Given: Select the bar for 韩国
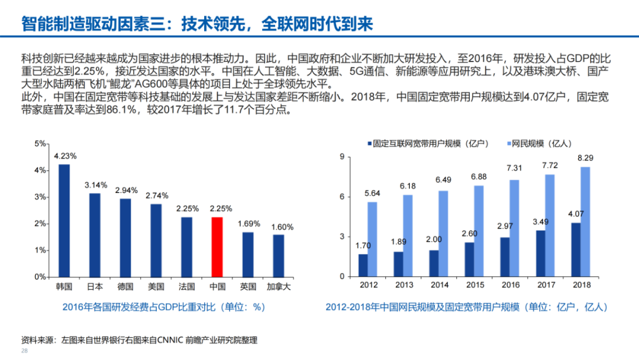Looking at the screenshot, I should tap(64, 220).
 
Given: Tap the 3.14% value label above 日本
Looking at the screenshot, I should tap(95, 185).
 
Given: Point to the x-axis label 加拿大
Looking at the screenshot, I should tap(278, 287).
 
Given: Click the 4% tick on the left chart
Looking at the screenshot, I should tap(40, 171).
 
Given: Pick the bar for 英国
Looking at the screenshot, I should tap(247, 254).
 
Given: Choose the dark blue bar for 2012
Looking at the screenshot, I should tap(363, 265).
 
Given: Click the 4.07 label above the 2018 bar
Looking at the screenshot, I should tap(576, 214).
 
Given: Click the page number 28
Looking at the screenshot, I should tap(24, 351).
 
